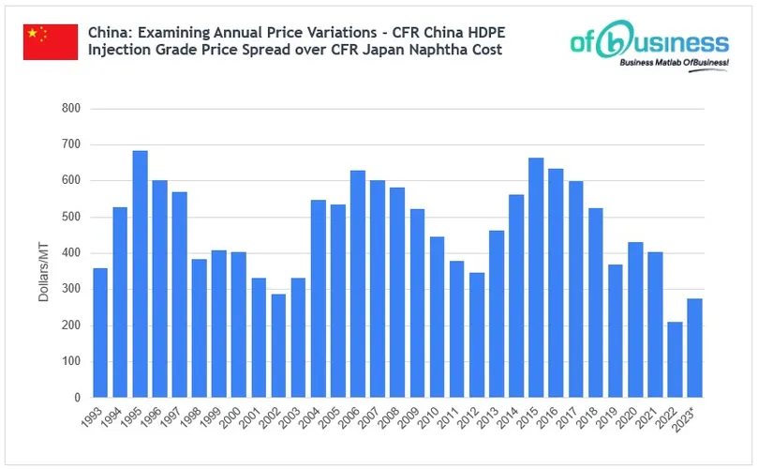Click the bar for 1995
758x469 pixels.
(x=140, y=274)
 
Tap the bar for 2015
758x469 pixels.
(x=536, y=278)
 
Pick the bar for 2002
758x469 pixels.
(x=278, y=345)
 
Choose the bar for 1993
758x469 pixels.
(x=100, y=332)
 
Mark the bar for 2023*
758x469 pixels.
(x=695, y=348)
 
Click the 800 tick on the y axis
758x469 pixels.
(x=71, y=109)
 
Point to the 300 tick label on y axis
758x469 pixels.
(x=71, y=290)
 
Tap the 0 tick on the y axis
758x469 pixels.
(x=77, y=398)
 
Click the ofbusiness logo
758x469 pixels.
(x=649, y=41)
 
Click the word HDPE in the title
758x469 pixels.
(x=479, y=31)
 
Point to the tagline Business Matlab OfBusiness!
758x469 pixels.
(x=673, y=63)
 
